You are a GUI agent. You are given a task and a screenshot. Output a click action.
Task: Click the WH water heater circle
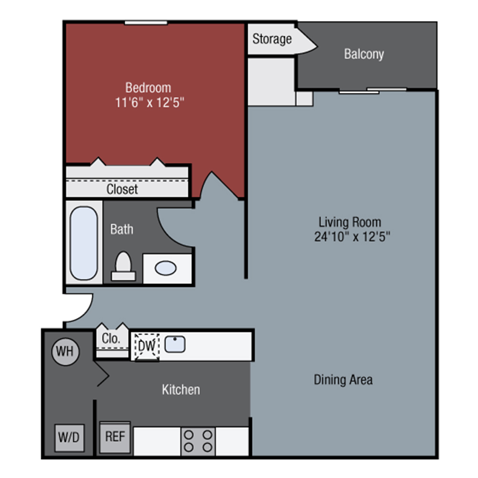pyautogui.click(x=65, y=351)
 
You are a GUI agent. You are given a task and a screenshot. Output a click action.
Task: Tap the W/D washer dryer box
pyautogui.click(x=69, y=437)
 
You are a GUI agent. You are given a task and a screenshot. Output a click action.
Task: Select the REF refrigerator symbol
pyautogui.click(x=115, y=437)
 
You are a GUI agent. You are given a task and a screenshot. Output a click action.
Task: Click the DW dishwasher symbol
pyautogui.click(x=147, y=346)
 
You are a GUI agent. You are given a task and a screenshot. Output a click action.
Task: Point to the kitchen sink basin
pyautogui.click(x=175, y=344)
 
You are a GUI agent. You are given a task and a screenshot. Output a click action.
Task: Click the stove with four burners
pyautogui.click(x=198, y=441)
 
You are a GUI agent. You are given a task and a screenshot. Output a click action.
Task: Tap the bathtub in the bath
pyautogui.click(x=84, y=243)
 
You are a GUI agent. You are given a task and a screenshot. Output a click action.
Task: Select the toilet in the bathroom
pyautogui.click(x=123, y=266)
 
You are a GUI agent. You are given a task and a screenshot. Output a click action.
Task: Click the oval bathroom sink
pyautogui.click(x=165, y=268)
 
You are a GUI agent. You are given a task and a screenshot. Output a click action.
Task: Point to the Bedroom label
pyautogui.click(x=148, y=88)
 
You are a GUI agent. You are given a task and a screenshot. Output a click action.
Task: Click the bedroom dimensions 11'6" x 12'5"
pyautogui.click(x=149, y=102)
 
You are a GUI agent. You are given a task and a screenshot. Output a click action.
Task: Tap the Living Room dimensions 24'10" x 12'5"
pyautogui.click(x=352, y=237)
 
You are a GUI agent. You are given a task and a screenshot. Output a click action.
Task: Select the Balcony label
pyautogui.click(x=364, y=54)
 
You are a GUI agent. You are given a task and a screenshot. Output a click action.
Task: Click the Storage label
pyautogui.click(x=272, y=39)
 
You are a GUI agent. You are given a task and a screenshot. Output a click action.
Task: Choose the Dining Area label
pyautogui.click(x=343, y=380)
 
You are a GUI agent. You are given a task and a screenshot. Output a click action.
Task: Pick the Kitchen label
pyautogui.click(x=181, y=390)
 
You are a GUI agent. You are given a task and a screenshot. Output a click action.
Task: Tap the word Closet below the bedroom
pyautogui.click(x=122, y=189)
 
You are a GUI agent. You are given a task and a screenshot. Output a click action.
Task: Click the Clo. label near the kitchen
pyautogui.click(x=111, y=338)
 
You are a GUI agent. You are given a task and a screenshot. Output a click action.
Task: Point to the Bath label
pyautogui.click(x=122, y=229)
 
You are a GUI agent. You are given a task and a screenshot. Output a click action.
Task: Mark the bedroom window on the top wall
pyautogui.click(x=146, y=23)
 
